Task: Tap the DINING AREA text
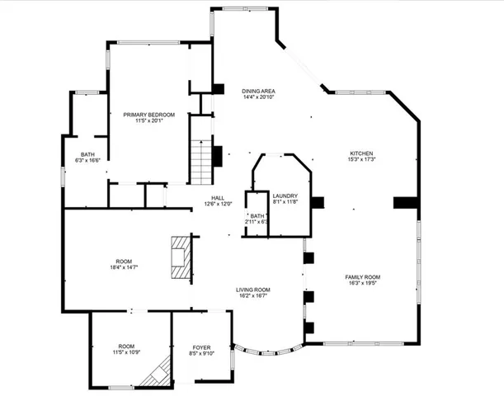point(258,91)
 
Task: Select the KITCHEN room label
point(362,153)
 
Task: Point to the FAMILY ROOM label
point(362,276)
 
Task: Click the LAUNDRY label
point(285,196)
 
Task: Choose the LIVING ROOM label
point(253,290)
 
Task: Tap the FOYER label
point(202,347)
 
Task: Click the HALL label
point(218,198)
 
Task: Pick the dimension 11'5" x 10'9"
point(126,353)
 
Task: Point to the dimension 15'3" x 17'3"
point(362,160)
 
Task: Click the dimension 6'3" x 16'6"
point(88,160)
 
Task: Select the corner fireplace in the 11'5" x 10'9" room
point(154,375)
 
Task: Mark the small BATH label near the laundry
point(257,215)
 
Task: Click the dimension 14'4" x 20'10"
point(258,97)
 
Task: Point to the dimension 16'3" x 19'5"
point(362,283)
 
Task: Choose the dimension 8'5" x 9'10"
point(202,354)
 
